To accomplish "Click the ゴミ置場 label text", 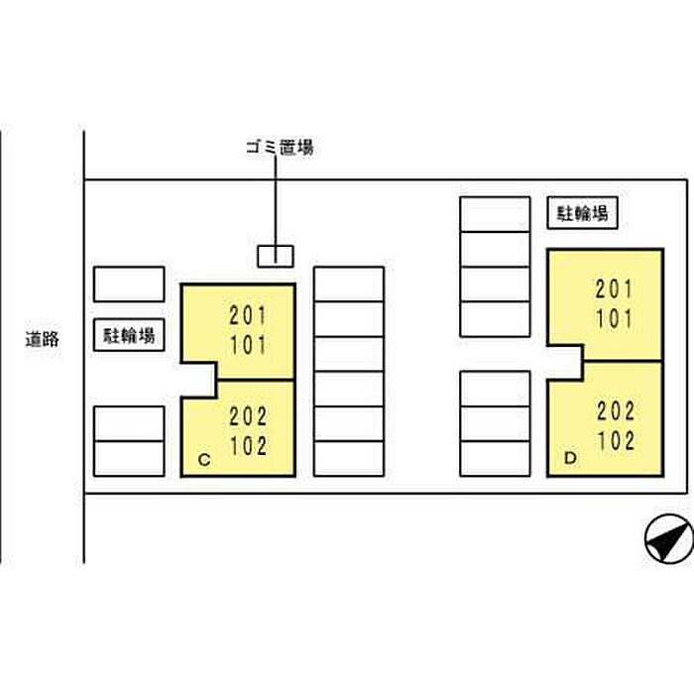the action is pyautogui.click(x=280, y=149).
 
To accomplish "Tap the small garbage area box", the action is pyautogui.click(x=276, y=255).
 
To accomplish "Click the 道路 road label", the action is pyautogui.click(x=43, y=339).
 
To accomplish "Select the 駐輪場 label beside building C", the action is pyautogui.click(x=129, y=335).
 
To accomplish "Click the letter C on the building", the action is pyautogui.click(x=203, y=460).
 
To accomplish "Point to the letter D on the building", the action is pyautogui.click(x=569, y=458).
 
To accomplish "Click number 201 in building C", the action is pyautogui.click(x=248, y=317).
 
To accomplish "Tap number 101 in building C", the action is pyautogui.click(x=248, y=345).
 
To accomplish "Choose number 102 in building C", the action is pyautogui.click(x=248, y=445).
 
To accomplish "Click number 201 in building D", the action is pyautogui.click(x=615, y=289).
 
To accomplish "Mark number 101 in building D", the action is pyautogui.click(x=615, y=319).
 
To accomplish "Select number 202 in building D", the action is pyautogui.click(x=616, y=410).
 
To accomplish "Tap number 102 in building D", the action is pyautogui.click(x=616, y=440).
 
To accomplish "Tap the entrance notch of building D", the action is pyautogui.click(x=565, y=362).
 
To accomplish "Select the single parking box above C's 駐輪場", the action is pyautogui.click(x=129, y=284).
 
